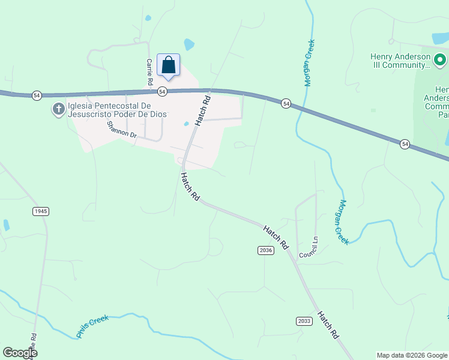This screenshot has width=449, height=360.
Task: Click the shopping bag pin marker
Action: click(x=169, y=65)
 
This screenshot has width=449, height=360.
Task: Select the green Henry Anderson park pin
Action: click(x=439, y=59)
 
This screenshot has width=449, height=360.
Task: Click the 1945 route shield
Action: click(x=40, y=211)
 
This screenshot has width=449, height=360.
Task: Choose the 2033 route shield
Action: click(x=304, y=321)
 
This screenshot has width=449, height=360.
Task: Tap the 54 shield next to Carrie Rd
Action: click(x=162, y=92)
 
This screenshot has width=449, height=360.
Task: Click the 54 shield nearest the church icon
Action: click(x=37, y=95)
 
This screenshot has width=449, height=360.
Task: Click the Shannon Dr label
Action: click(x=122, y=130)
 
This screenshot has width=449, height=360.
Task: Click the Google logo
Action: click(x=20, y=353)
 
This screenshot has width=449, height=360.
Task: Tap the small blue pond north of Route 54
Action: click(x=189, y=44)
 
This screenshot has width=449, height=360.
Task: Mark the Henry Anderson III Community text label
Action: click(x=400, y=61)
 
